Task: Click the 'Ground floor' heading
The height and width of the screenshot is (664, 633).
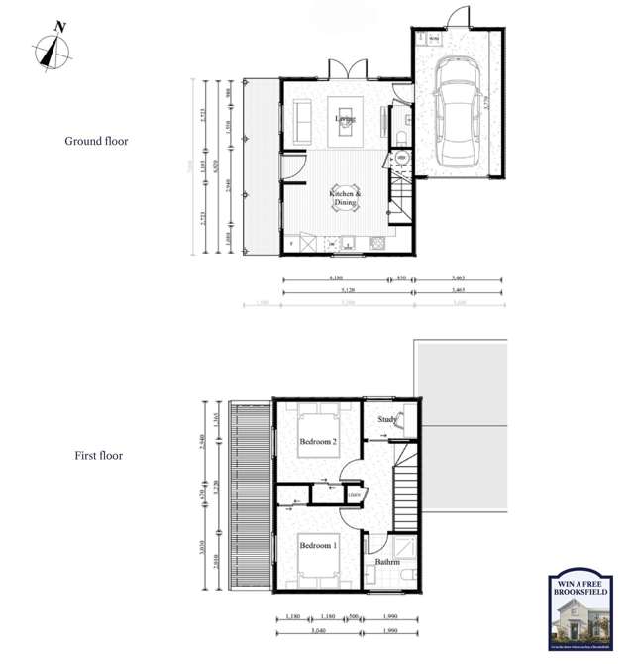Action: click(96, 141)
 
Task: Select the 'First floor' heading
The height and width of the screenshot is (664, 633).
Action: click(98, 456)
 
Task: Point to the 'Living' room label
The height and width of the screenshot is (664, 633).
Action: click(345, 119)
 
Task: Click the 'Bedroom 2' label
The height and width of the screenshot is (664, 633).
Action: click(318, 441)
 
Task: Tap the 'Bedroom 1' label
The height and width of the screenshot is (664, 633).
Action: click(318, 546)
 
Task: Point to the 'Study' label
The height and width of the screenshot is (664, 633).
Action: click(387, 420)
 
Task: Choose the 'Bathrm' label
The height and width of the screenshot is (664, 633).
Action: click(387, 563)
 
